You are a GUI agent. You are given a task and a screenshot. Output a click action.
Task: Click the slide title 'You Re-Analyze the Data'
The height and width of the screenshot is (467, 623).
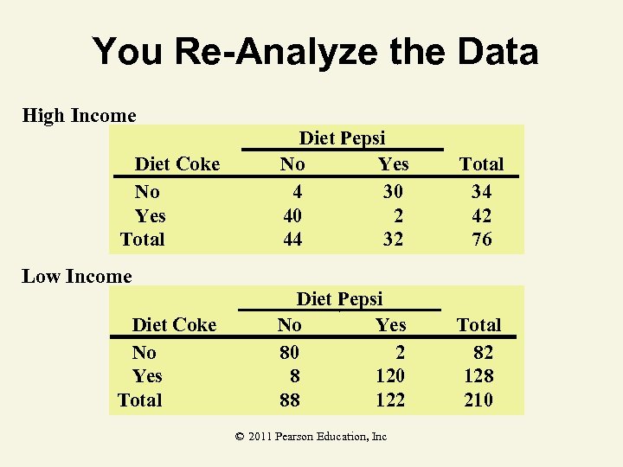(315, 51)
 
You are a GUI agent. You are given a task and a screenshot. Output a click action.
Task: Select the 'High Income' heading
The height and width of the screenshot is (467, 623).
(79, 116)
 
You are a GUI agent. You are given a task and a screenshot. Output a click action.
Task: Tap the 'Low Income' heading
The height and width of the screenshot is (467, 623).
(77, 277)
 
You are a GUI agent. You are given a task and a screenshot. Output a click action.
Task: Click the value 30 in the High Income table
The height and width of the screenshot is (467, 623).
(393, 191)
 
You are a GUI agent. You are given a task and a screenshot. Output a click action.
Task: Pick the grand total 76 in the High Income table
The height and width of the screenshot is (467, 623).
(481, 240)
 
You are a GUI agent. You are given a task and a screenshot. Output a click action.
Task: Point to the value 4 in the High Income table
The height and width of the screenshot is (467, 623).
(297, 191)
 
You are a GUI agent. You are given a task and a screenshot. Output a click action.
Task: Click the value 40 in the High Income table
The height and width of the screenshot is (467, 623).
(292, 215)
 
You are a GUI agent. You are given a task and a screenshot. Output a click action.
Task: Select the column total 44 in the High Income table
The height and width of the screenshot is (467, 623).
(292, 240)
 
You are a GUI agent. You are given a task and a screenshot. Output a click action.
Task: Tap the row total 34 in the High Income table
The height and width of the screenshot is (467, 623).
(481, 191)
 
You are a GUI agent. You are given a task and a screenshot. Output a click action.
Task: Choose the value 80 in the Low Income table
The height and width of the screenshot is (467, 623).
(289, 352)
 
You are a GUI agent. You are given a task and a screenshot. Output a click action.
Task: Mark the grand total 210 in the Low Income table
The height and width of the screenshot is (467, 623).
(478, 400)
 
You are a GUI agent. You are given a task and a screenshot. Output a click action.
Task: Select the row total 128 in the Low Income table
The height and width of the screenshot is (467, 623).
(478, 376)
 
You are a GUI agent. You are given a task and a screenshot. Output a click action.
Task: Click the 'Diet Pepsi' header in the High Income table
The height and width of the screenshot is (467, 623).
(342, 138)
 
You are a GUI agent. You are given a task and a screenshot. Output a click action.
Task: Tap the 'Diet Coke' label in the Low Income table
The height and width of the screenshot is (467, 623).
(174, 325)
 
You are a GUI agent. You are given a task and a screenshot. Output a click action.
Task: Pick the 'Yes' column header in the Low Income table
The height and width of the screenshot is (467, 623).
(390, 325)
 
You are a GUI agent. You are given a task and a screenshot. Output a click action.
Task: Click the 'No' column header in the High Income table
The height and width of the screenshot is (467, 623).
(292, 164)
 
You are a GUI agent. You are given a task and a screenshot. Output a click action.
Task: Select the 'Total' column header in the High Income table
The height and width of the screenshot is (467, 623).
(481, 164)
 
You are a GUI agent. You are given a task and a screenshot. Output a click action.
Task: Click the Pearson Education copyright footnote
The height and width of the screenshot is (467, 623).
(311, 437)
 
